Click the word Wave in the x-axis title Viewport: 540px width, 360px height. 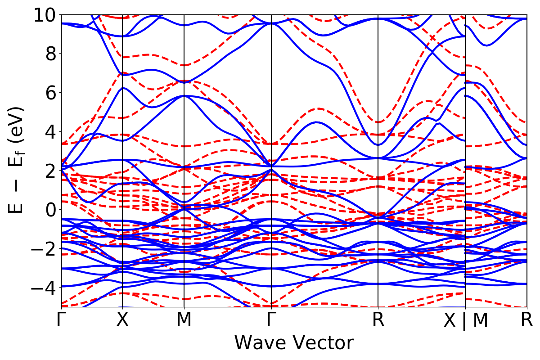pos(259,342)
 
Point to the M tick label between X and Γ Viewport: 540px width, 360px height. pos(184,320)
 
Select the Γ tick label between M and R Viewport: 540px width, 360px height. pos(271,320)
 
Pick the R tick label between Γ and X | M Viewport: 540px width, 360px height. pos(378,320)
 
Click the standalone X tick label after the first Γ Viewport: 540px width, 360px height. pos(123,320)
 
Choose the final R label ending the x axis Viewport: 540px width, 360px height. pos(527,320)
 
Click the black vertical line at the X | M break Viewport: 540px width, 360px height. pos(465,135)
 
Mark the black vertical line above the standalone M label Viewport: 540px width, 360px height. pos(184,135)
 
